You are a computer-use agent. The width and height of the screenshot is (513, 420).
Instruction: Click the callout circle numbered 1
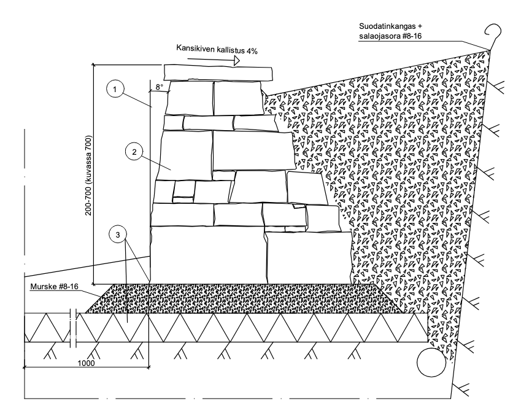point(115,90)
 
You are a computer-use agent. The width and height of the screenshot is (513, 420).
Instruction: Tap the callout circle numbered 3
point(116,235)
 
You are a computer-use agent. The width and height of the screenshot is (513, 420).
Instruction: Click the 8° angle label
point(159,88)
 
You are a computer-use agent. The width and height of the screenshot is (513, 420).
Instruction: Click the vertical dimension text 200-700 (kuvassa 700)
point(90,174)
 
